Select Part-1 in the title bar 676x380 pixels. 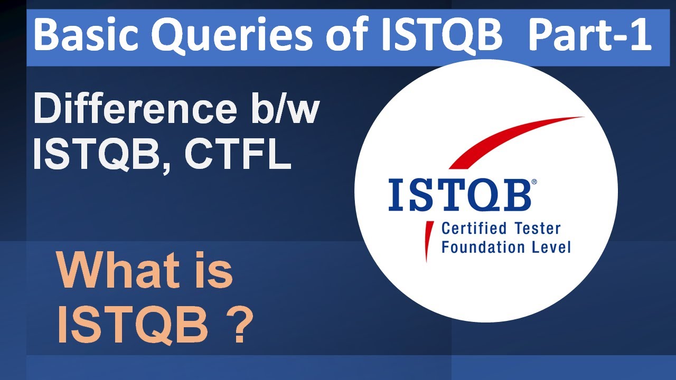click(x=590, y=35)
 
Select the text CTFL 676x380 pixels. click(x=238, y=156)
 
